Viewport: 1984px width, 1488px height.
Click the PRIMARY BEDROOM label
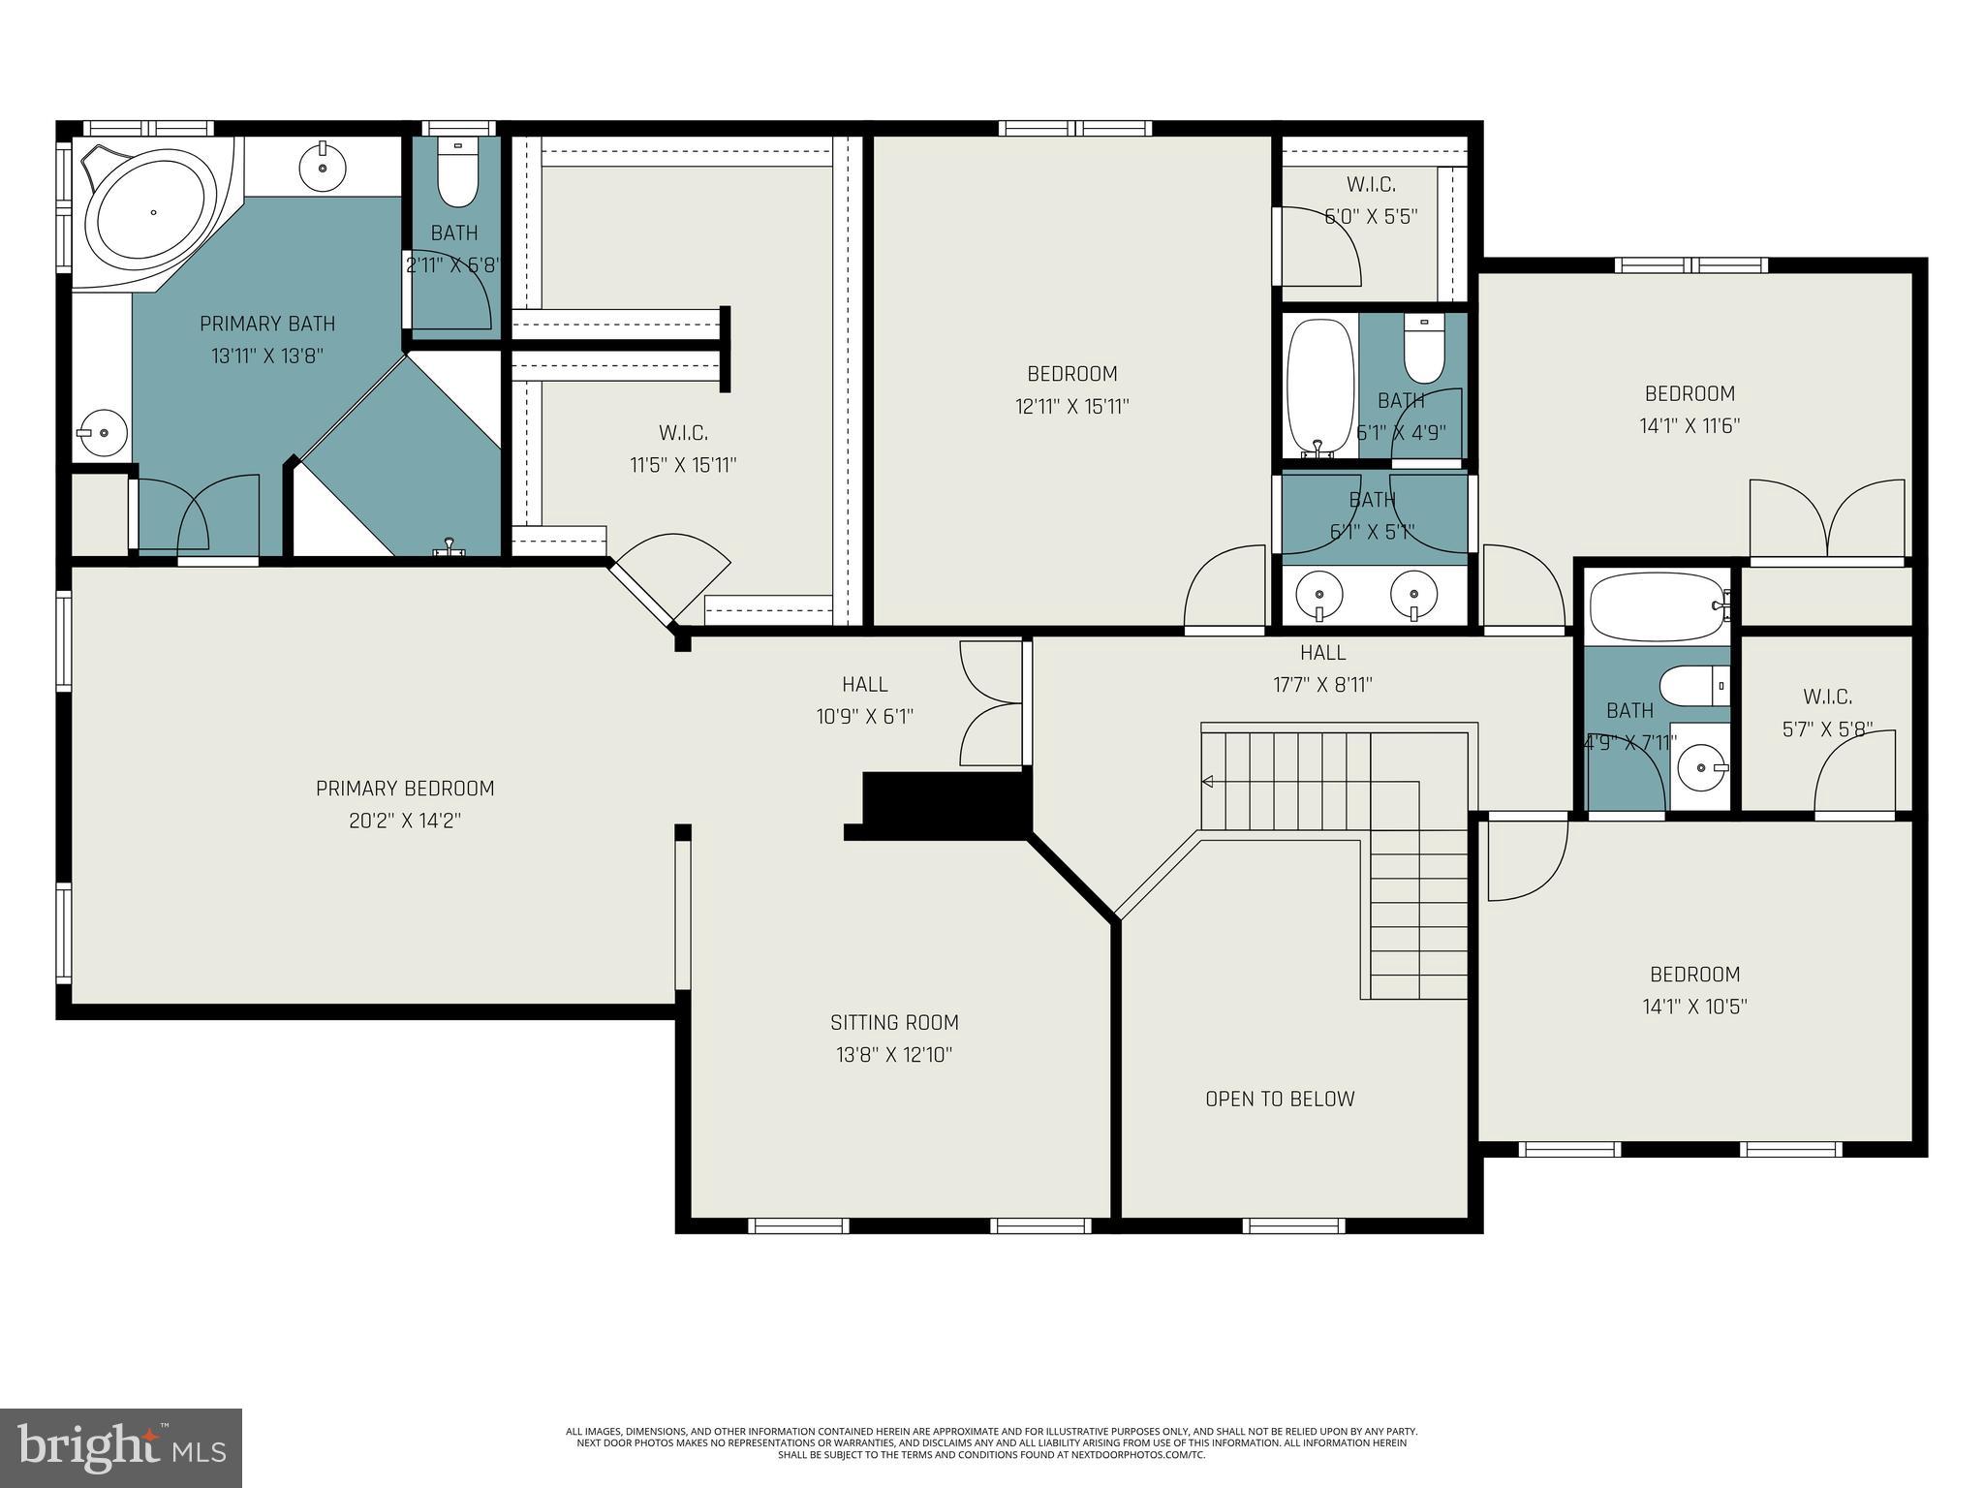405,789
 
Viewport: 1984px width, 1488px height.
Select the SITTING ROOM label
894,1022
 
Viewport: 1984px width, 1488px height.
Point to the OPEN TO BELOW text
1280,1099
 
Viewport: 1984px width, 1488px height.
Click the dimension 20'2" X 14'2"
405,821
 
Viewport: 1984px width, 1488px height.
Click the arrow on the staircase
1207,782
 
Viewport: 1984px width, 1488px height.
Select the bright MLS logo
121,1447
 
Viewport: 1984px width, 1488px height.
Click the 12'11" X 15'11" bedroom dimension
1072,406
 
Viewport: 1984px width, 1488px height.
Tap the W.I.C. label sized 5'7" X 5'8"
1827,697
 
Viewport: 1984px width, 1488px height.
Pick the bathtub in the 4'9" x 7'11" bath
1658,606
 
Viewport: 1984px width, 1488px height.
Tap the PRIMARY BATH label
267,324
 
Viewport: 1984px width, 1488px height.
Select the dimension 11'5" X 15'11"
683,465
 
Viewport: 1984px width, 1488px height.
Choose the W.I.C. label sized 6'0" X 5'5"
1371,184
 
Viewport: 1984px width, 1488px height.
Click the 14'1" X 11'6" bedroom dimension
1689,425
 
